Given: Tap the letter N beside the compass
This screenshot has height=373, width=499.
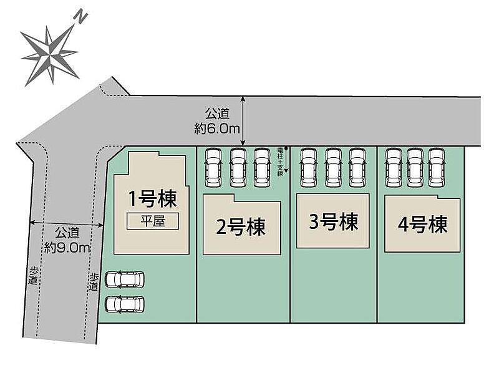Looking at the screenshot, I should tap(79, 17).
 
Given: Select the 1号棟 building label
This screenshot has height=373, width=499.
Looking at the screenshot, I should tap(153, 199).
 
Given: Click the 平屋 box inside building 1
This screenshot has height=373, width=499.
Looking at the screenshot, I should tap(153, 221).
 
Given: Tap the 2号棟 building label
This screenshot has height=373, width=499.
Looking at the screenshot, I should tap(241, 226).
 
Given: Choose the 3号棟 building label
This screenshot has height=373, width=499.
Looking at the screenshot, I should tap(333, 221).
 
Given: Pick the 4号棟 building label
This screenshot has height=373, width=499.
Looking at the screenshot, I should tap(422, 224).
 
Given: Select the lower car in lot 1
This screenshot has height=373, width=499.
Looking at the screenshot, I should tap(125, 304).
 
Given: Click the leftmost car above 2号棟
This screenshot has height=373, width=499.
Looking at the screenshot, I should tap(213, 167).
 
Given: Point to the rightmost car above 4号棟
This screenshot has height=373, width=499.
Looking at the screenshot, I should tap(435, 167).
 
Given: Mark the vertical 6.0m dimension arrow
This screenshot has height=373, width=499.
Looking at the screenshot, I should tap(243, 121).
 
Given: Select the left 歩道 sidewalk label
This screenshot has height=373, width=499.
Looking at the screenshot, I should tap(32, 276).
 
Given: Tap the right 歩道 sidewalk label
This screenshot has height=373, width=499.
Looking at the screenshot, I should tap(94, 282).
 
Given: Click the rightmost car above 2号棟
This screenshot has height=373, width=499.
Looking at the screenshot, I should tap(262, 167).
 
